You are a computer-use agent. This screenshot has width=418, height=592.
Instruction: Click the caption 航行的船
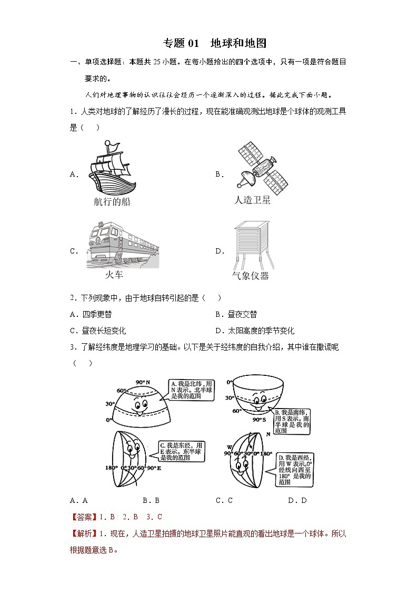(112, 201)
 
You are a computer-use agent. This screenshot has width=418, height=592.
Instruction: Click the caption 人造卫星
(252, 200)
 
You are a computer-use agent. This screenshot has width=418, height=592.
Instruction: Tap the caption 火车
(114, 275)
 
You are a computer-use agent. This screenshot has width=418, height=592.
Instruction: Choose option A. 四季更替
(91, 314)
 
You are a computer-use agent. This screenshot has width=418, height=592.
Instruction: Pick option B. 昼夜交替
(236, 314)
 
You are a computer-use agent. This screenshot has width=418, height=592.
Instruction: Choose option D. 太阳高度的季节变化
(254, 331)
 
